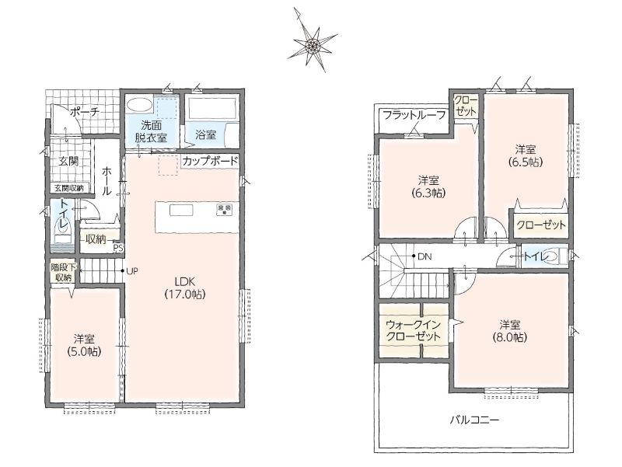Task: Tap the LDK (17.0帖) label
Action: [185, 288]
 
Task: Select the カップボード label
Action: [210, 161]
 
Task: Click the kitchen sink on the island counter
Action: [181, 210]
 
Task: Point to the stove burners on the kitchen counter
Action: [225, 209]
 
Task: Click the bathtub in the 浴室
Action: [211, 107]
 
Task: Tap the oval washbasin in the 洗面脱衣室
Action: [140, 105]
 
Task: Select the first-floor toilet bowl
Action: [63, 227]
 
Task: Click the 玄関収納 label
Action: [69, 188]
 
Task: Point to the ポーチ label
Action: [85, 112]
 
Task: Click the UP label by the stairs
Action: [132, 271]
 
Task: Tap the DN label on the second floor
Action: [425, 256]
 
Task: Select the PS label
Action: [119, 248]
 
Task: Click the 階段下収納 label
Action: [63, 272]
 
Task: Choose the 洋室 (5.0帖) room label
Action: [84, 345]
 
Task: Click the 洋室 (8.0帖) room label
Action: [510, 331]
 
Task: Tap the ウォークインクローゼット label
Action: [414, 331]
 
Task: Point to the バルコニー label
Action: [474, 420]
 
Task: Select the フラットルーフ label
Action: [414, 115]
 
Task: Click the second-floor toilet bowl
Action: [556, 256]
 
